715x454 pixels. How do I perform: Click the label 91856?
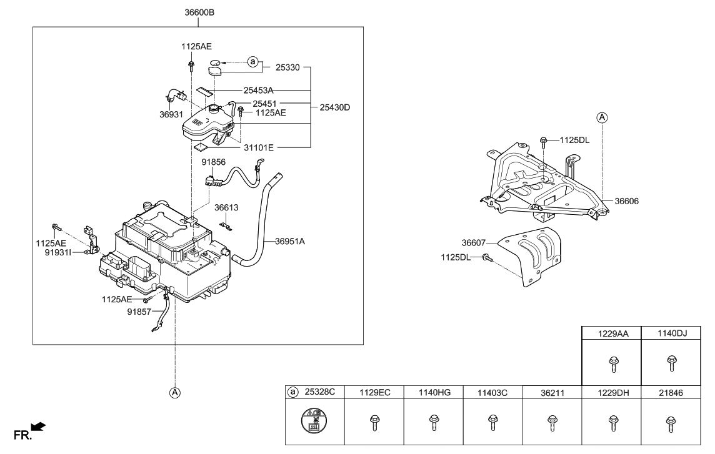pyautogui.click(x=214, y=162)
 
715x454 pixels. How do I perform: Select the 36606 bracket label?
pyautogui.click(x=627, y=201)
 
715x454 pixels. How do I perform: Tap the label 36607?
pyautogui.click(x=476, y=243)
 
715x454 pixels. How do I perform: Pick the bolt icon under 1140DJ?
pyautogui.click(x=672, y=362)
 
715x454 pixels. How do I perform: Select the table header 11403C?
pyautogui.click(x=492, y=392)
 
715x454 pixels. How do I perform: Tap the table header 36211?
pyautogui.click(x=551, y=392)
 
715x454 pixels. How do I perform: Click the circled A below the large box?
pyautogui.click(x=175, y=393)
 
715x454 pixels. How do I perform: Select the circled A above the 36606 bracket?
pyautogui.click(x=601, y=117)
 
